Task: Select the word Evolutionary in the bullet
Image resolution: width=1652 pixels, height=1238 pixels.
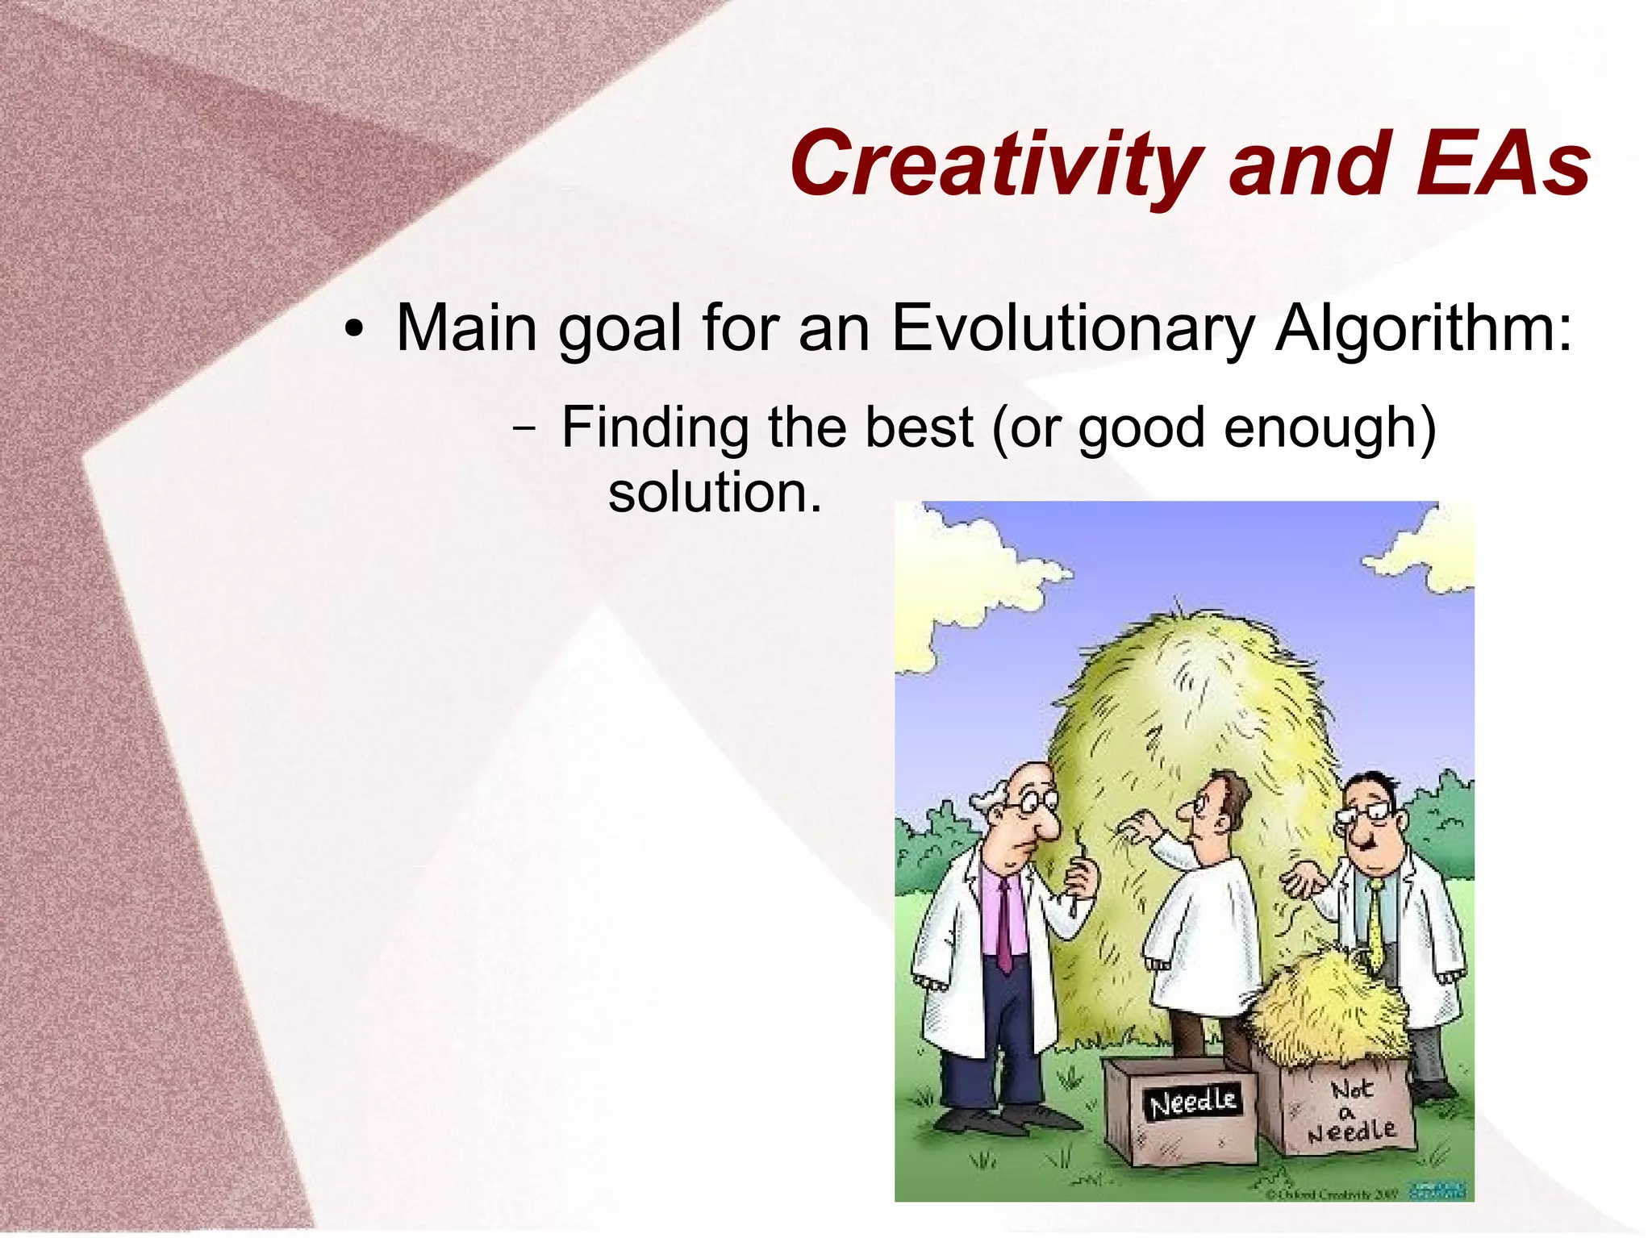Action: (1073, 329)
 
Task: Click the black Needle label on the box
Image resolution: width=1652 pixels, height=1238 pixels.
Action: (1192, 1102)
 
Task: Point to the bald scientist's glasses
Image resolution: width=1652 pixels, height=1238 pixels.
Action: (1037, 802)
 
